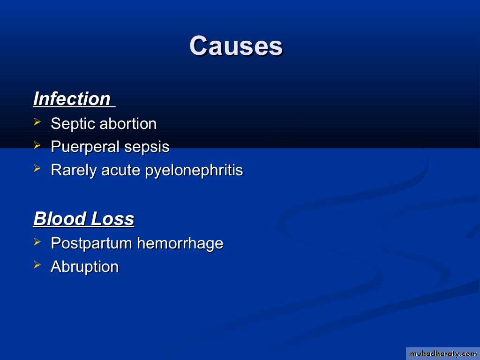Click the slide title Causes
[x=236, y=46]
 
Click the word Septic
[x=73, y=124]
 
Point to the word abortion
[x=128, y=124]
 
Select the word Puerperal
[x=85, y=147]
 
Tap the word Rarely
[x=74, y=170]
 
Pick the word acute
[x=120, y=171]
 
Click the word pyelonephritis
[x=194, y=171]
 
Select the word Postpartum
[x=91, y=244]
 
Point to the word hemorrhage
[x=180, y=244]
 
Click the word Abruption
[x=84, y=267]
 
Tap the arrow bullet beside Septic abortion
[x=37, y=122]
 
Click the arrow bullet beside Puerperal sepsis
[x=37, y=145]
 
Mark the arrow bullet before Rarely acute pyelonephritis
[x=37, y=168]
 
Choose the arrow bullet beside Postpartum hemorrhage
[x=37, y=241]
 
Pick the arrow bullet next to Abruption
[x=37, y=264]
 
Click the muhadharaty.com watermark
[x=443, y=354]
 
